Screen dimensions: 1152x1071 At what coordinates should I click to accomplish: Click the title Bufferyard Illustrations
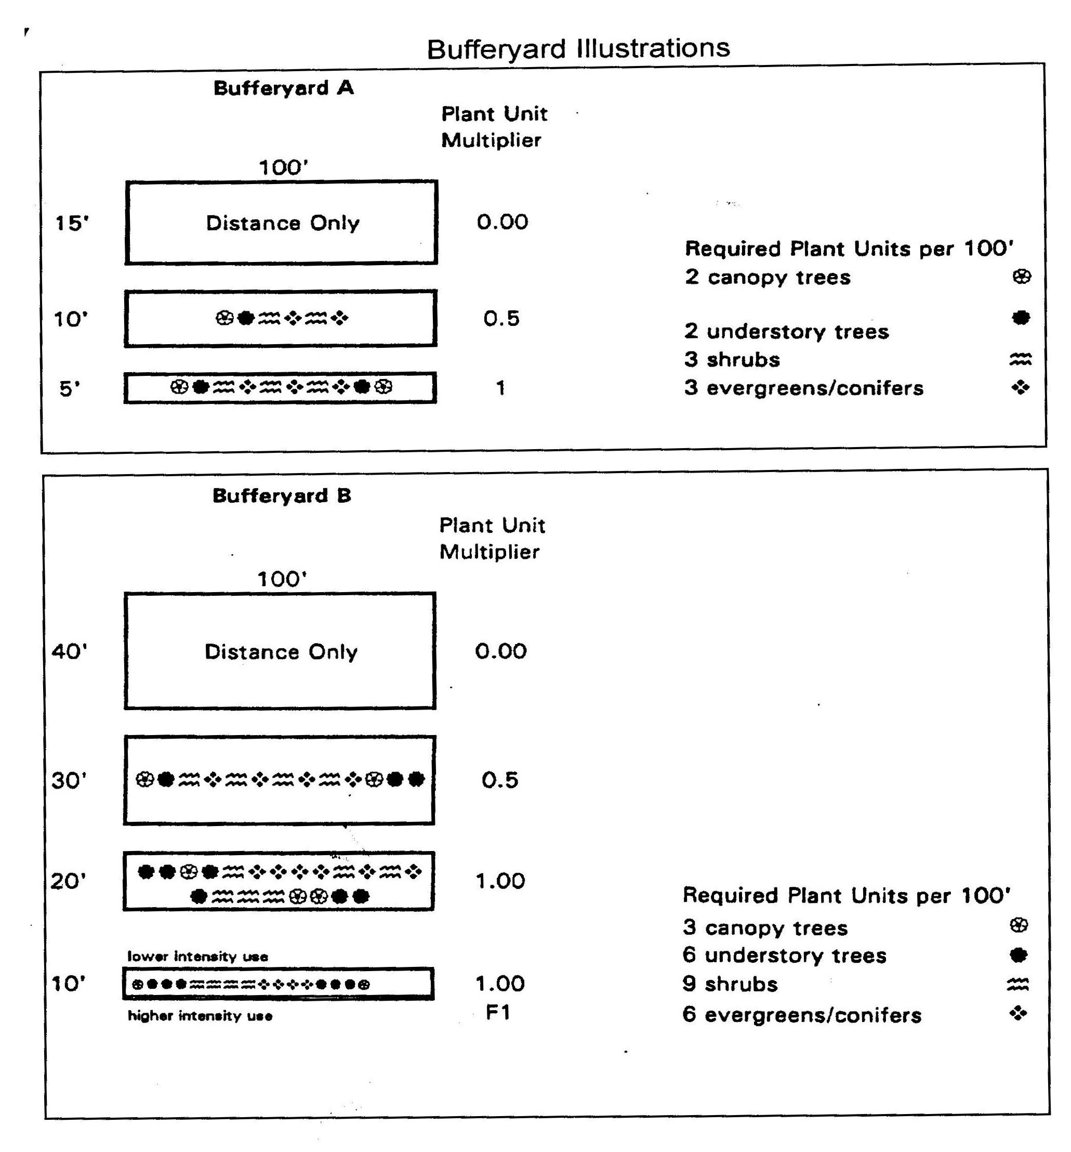(x=577, y=49)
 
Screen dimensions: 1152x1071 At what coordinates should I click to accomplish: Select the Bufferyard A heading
(x=283, y=88)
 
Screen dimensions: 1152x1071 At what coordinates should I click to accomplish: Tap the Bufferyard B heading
(x=282, y=495)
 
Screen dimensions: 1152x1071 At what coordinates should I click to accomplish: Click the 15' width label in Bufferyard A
(x=72, y=223)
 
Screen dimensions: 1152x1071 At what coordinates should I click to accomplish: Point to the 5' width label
(x=69, y=388)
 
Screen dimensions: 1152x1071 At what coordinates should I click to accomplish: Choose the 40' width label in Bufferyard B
(x=69, y=651)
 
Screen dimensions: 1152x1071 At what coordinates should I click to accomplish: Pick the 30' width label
(x=69, y=780)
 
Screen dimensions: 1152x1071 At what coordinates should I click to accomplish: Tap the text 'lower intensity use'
(x=197, y=956)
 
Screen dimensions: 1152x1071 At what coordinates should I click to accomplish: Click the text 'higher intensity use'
(x=200, y=1015)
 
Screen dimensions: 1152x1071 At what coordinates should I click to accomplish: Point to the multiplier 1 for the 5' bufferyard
(x=500, y=388)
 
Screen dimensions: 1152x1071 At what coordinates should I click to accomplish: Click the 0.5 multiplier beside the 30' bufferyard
(x=500, y=780)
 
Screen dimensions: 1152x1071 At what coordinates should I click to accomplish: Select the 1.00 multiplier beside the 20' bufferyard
(x=500, y=881)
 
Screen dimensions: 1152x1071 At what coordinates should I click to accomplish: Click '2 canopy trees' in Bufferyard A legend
(x=768, y=277)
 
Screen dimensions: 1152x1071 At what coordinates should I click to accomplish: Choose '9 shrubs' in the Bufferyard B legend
(x=730, y=984)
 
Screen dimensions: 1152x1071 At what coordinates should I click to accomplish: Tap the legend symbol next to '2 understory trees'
(x=1021, y=317)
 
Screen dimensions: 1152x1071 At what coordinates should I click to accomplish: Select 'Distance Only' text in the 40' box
(x=281, y=651)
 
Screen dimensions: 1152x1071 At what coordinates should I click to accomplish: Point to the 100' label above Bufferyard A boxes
(x=283, y=167)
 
